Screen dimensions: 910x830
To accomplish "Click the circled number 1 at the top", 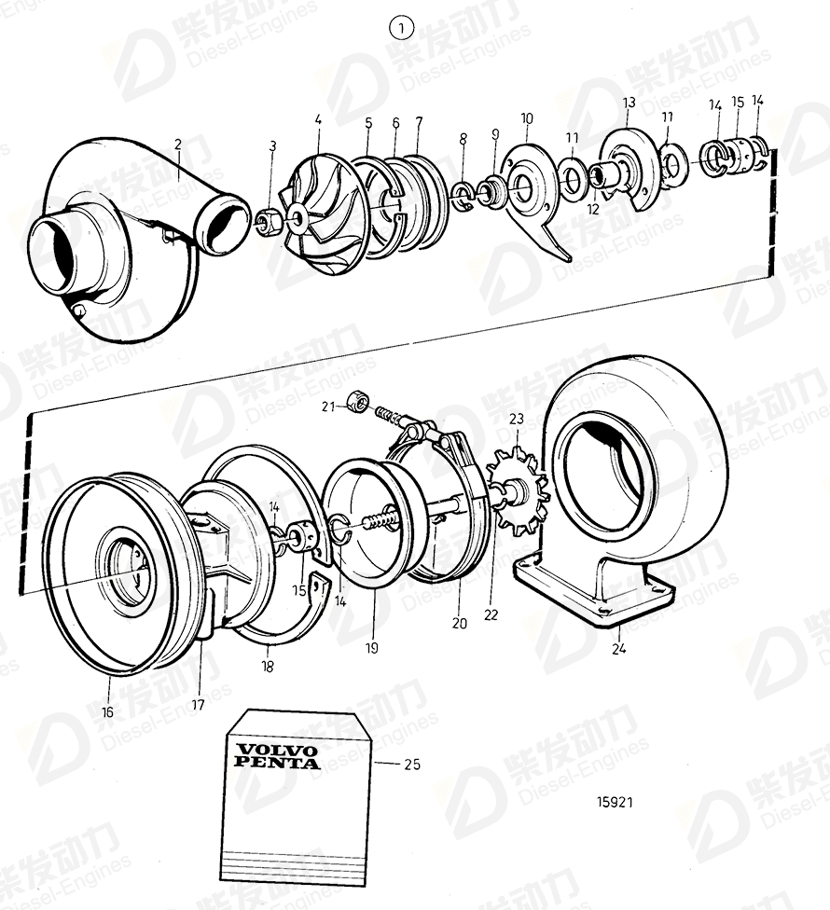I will (400, 29).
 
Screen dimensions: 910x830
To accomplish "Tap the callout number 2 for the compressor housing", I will (178, 145).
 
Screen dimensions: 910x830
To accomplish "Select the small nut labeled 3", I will (271, 222).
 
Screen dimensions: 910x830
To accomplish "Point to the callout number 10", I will (527, 119).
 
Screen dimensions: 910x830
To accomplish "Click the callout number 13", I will (629, 102).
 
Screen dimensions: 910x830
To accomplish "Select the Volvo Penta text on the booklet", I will (276, 756).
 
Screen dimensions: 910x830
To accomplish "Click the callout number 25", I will (411, 765).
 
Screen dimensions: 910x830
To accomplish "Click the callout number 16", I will (107, 711).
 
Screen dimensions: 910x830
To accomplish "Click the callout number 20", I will (459, 624).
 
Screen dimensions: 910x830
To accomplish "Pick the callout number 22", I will (491, 614).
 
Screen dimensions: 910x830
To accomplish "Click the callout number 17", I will (198, 705).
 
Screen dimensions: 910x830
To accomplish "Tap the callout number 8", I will (463, 139).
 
